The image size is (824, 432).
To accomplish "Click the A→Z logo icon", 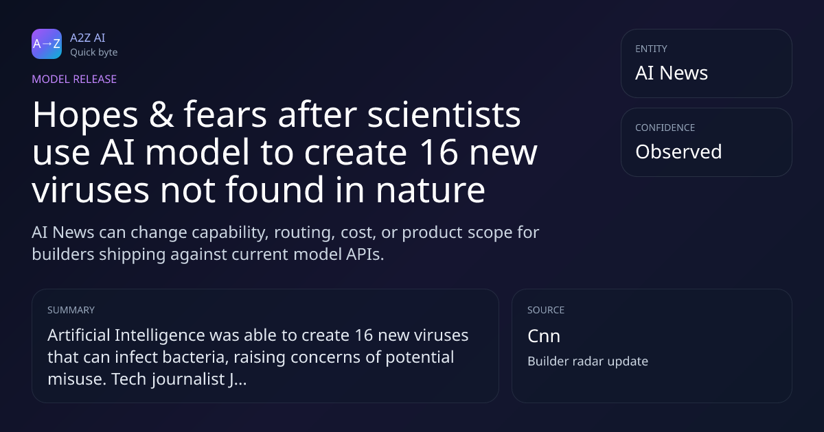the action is [47, 44].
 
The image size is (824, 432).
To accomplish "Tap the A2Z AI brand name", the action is [88, 38].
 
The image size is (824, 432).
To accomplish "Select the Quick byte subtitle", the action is [94, 53].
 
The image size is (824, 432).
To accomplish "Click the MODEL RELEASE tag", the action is [74, 79].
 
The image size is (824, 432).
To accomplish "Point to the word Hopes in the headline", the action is [85, 115].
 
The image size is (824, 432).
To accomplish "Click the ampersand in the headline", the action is [161, 115].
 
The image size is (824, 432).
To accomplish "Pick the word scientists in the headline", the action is [444, 115].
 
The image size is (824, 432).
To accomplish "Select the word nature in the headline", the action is [431, 191].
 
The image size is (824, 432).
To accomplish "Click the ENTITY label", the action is [651, 49].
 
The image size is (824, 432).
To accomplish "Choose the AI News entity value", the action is [672, 73].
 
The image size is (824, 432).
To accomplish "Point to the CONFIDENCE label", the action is [665, 128].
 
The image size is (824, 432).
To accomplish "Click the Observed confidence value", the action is [678, 152].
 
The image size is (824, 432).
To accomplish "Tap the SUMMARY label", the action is [71, 310].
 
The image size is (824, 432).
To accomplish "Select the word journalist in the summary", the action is [189, 379].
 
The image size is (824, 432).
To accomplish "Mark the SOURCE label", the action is [546, 310].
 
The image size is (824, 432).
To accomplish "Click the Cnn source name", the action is [544, 336].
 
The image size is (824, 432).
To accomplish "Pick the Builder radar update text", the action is [588, 361].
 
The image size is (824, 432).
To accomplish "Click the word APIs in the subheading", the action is [365, 254].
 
